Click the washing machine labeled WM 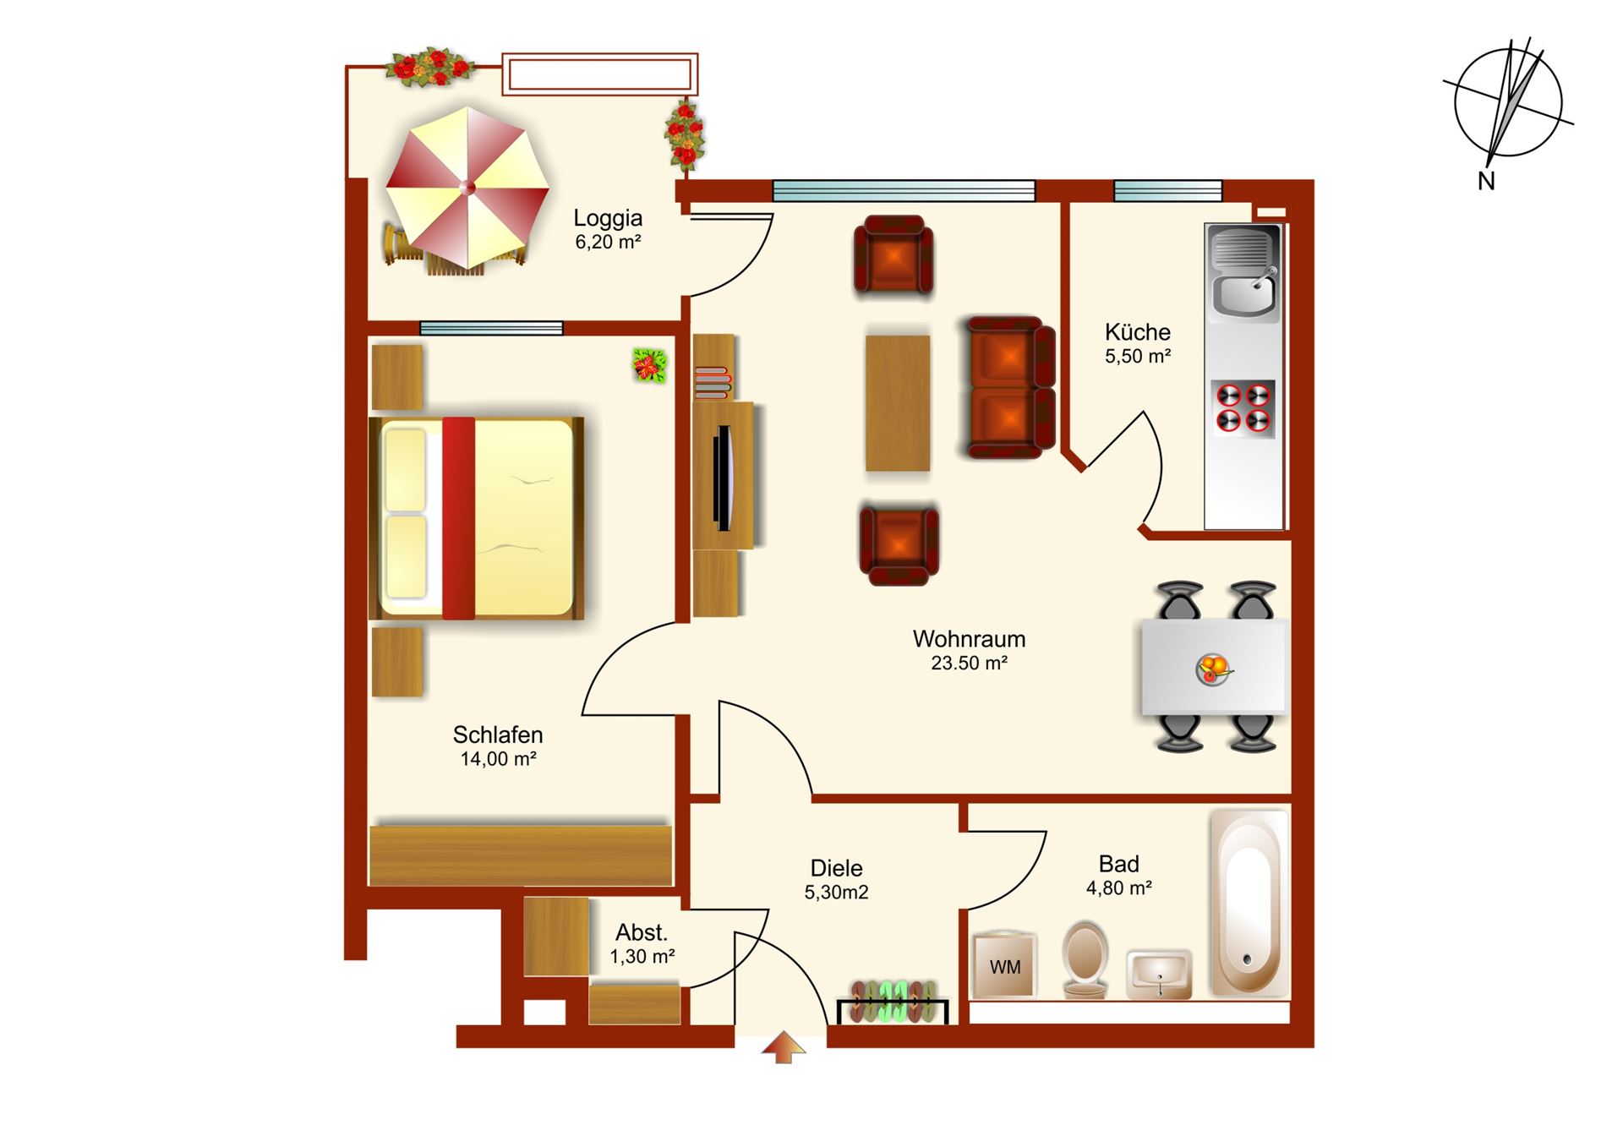point(1004,965)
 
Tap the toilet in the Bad point(1085,960)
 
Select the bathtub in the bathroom point(1249,904)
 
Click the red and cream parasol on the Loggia point(467,188)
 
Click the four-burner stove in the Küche point(1243,408)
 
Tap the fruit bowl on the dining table point(1214,669)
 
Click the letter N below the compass point(1486,181)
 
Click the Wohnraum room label point(969,639)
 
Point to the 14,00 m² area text point(498,759)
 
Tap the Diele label point(836,868)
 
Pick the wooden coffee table point(898,403)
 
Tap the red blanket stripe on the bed point(459,518)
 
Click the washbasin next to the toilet point(1159,974)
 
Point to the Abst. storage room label point(642,932)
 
